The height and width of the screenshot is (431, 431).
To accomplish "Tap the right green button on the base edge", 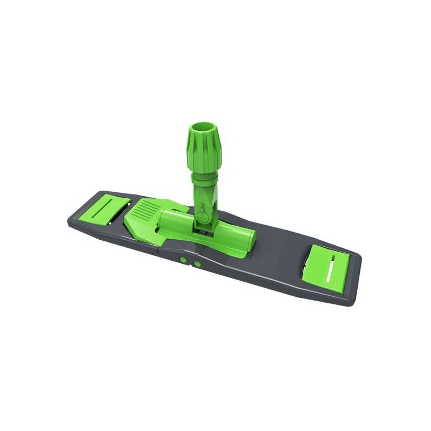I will [197, 264].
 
